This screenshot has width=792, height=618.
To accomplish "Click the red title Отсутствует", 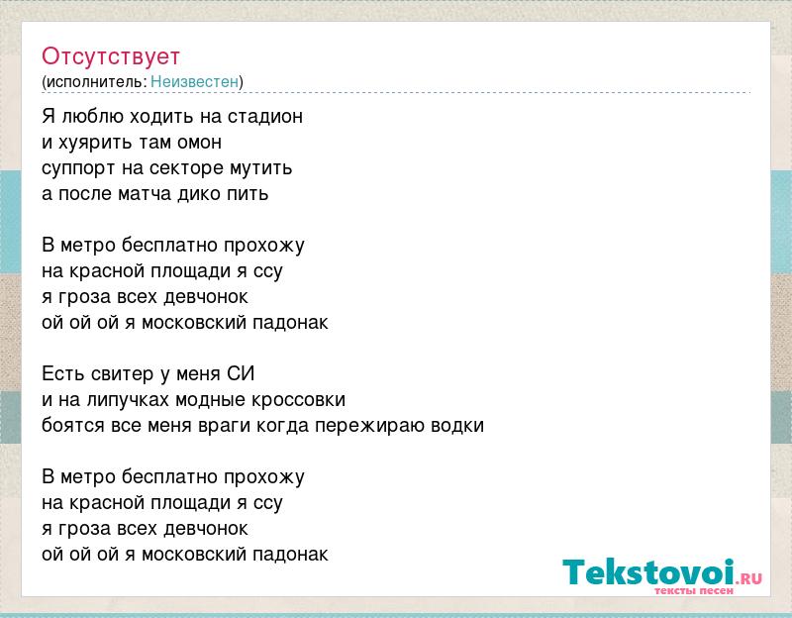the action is pos(111,56).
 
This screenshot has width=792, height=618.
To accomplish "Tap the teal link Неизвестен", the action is pos(194,81).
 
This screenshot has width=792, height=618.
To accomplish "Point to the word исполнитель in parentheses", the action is pos(95,82).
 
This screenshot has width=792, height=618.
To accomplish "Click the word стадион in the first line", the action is pos(265,117).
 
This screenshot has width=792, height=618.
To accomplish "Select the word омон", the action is pos(199,143).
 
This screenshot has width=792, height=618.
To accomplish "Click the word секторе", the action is pos(187,168).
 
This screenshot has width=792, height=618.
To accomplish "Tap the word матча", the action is pos(145,194).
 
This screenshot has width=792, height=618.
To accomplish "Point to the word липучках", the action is pos(129,400).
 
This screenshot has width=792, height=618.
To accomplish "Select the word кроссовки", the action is pos(299,400).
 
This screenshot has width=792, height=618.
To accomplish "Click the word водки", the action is pos(457,426).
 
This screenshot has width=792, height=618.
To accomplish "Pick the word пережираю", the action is pos(369,426).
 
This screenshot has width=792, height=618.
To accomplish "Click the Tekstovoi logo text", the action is pos(648,572).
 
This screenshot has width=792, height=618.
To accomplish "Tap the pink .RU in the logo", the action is pos(750,578).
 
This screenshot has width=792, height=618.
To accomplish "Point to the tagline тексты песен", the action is pos(694,590).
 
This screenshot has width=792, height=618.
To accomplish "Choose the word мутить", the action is pos(261,168).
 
